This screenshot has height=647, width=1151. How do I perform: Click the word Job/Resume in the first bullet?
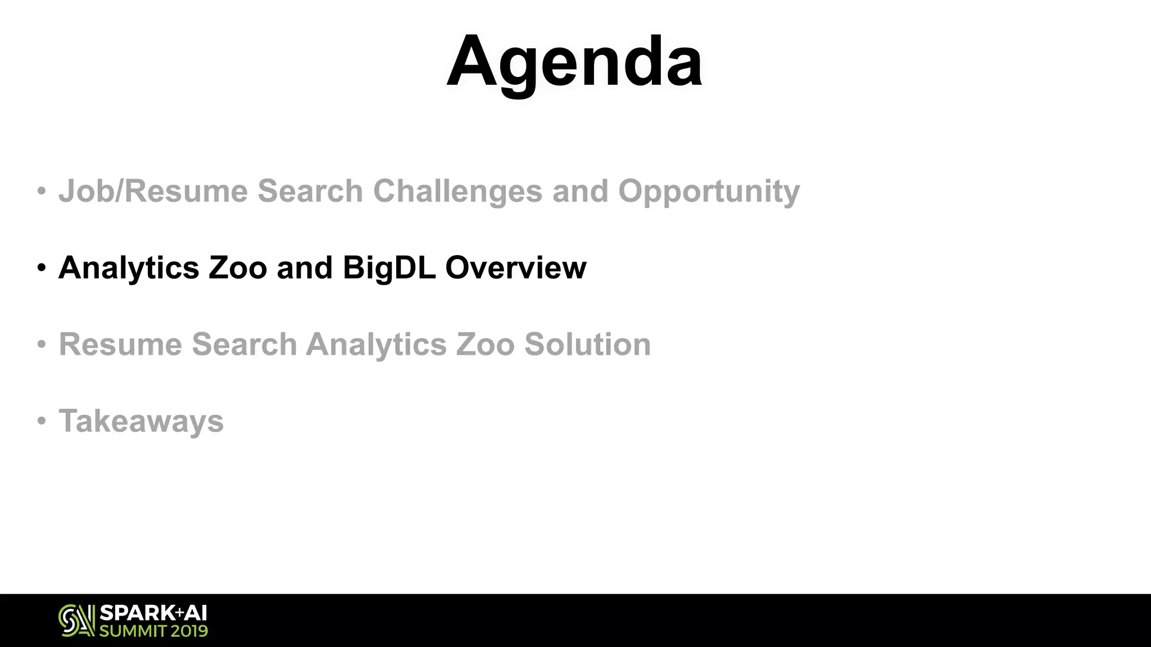tap(153, 191)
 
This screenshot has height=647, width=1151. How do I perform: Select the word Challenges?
tap(457, 191)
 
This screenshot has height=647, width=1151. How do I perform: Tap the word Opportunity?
tap(709, 191)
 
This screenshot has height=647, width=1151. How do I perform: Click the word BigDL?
tap(389, 267)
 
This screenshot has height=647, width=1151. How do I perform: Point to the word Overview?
tap(515, 267)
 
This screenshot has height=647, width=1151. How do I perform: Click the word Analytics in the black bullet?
tap(129, 267)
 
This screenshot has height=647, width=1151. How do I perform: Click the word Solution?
tap(587, 344)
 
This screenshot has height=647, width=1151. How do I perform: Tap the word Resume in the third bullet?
tap(120, 344)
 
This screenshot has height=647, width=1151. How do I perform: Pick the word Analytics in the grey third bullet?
tap(376, 344)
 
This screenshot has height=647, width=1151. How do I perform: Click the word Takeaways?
tap(141, 421)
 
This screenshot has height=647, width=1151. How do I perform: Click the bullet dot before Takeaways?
tap(41, 421)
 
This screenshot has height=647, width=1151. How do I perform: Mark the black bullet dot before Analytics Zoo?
tap(41, 267)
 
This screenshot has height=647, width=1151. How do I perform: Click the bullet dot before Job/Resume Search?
tap(41, 191)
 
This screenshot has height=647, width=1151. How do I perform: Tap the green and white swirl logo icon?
tap(76, 621)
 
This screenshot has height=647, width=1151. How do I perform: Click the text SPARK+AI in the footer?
tap(153, 613)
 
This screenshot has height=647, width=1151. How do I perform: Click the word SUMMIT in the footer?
tap(132, 631)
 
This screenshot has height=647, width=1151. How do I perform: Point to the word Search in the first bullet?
tap(310, 191)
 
